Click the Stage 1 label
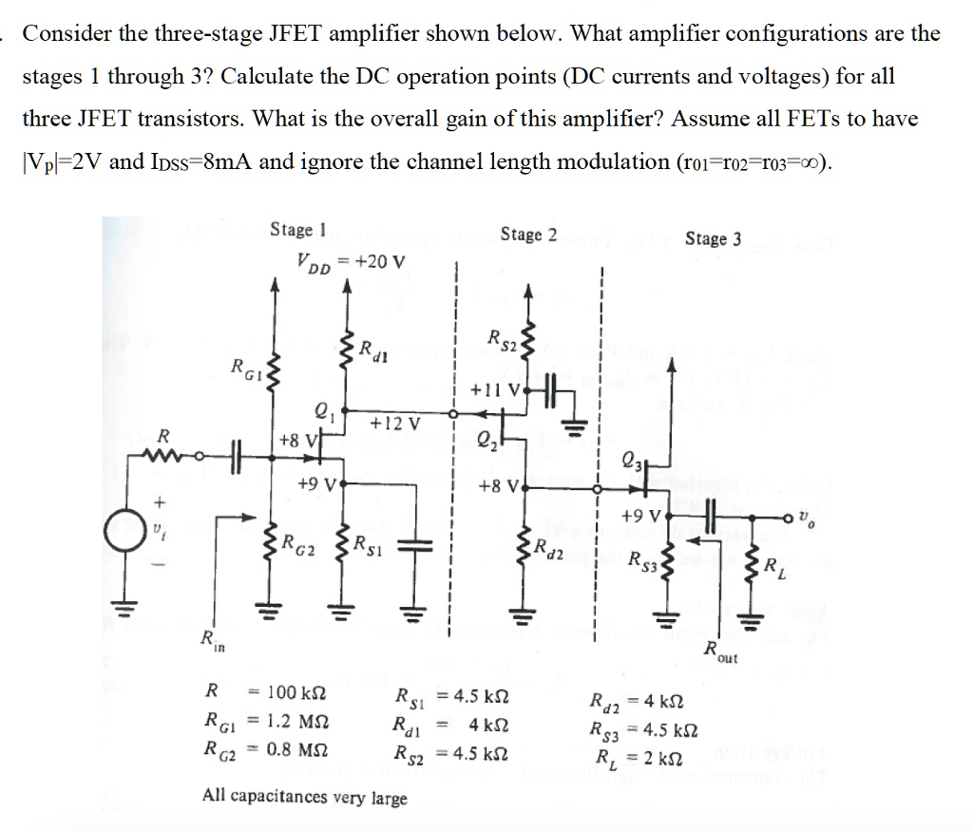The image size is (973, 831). tap(297, 230)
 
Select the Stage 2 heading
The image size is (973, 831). tap(528, 235)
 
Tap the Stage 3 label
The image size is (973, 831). tap(713, 239)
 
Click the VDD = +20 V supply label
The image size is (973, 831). tap(350, 262)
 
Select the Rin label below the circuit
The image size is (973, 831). tap(205, 641)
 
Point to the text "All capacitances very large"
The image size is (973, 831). tap(305, 797)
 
